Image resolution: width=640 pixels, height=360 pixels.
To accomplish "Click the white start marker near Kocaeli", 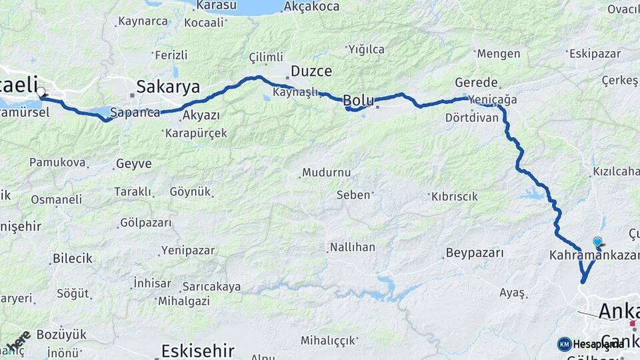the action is tap(41, 92).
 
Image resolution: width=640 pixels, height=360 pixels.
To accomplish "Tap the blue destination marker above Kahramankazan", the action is tap(597, 242).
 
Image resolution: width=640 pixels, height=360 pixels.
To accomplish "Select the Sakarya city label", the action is tap(168, 86).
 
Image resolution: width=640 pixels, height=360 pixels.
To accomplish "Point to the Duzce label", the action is tap(311, 71).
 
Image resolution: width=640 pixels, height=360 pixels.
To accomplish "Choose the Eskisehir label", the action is tap(198, 349).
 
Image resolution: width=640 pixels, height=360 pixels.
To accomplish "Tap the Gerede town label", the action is tap(476, 83).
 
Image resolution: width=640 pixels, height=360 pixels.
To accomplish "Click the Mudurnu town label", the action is tap(326, 173).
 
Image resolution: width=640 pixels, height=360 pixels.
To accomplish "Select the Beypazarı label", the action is tap(474, 253).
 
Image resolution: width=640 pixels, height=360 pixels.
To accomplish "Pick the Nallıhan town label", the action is tap(352, 247).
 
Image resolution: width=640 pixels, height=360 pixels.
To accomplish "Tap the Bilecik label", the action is tap(72, 259).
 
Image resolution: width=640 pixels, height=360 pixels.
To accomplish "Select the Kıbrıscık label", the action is tap(455, 197).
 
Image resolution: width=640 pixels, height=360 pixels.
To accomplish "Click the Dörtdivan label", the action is tap(472, 118).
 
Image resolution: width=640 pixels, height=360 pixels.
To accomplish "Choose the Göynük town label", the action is tap(190, 191).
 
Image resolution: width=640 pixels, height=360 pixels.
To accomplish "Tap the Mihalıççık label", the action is tap(328, 341).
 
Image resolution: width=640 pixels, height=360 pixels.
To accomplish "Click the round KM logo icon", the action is tap(565, 344).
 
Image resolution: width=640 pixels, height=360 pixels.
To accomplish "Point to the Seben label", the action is tap(353, 195).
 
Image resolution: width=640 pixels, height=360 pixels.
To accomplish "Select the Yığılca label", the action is tap(366, 49).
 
